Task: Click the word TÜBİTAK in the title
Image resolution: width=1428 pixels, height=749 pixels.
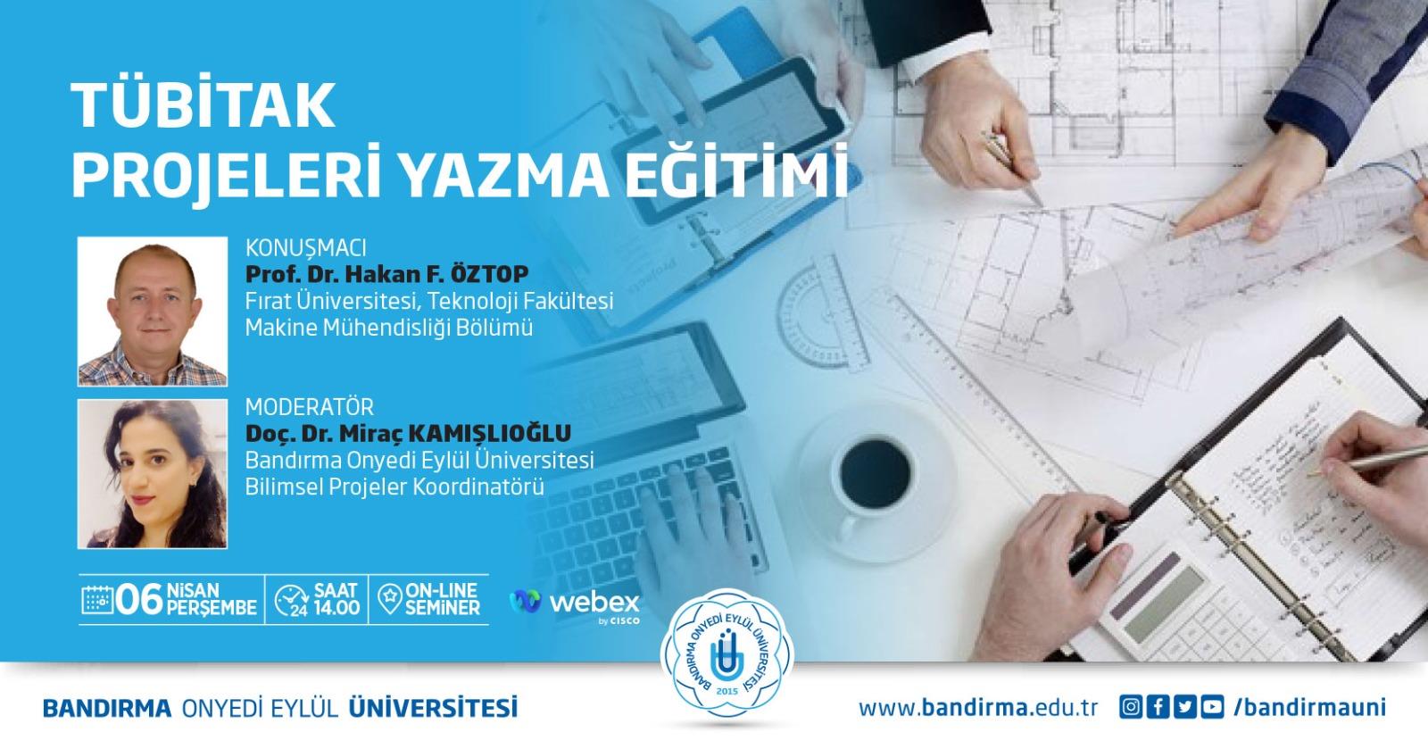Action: (203, 104)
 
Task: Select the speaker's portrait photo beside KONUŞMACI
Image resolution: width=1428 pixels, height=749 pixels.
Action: (153, 311)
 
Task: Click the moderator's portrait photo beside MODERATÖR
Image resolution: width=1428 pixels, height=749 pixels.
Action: (153, 474)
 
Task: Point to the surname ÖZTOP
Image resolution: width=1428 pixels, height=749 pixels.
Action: (490, 273)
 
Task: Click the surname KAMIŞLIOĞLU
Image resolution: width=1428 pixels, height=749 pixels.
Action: (490, 434)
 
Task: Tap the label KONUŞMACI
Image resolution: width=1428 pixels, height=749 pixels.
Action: (306, 247)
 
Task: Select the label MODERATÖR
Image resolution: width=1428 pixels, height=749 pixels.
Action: (310, 407)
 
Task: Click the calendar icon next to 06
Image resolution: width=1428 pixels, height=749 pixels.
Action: (97, 600)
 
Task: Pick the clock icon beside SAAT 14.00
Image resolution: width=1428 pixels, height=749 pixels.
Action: (291, 601)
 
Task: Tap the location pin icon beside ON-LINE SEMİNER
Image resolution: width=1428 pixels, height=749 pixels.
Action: (389, 599)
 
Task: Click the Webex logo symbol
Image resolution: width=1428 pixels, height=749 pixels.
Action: (526, 601)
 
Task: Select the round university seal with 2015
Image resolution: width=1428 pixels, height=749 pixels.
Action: (726, 656)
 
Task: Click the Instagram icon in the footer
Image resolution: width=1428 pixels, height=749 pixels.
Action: (1130, 707)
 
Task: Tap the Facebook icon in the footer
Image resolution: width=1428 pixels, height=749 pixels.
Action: (1158, 707)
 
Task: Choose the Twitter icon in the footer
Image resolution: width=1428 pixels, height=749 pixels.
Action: (1185, 707)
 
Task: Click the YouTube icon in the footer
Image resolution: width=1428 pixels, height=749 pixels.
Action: (1213, 707)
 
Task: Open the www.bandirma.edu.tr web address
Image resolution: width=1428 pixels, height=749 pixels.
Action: (978, 708)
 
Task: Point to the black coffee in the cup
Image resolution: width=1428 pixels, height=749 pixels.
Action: (876, 472)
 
